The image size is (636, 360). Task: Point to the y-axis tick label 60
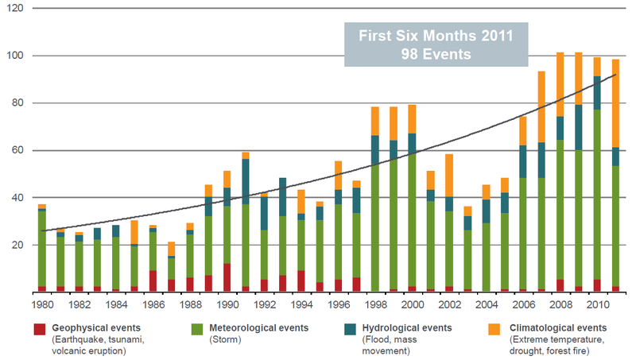17,149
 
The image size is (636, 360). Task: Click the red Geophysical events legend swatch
39,327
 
